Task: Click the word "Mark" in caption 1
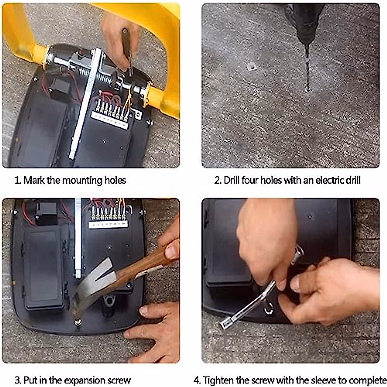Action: tap(34, 180)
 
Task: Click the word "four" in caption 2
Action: tap(250, 180)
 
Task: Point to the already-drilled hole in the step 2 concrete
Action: tap(252, 66)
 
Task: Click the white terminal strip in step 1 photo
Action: tap(110, 120)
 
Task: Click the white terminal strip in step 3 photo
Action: tap(108, 224)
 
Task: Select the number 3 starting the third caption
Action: tap(17, 374)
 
